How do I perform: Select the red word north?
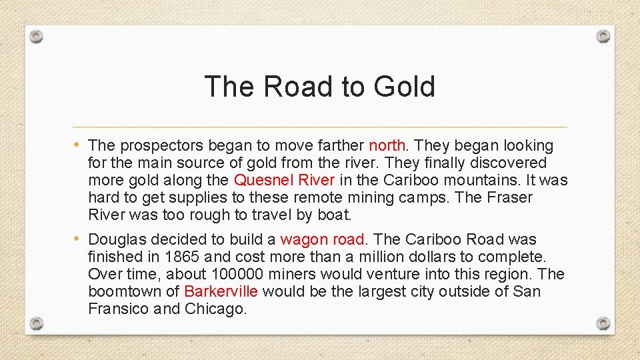click(x=387, y=145)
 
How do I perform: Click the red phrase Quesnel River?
click(x=285, y=180)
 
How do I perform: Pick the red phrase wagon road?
click(x=322, y=239)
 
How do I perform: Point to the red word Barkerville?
click(x=221, y=291)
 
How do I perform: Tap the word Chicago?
click(x=215, y=309)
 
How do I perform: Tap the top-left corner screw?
click(x=37, y=36)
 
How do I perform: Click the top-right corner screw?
click(x=603, y=36)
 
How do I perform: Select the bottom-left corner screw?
click(x=37, y=323)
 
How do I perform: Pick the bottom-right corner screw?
click(x=603, y=323)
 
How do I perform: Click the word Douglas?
click(x=117, y=239)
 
